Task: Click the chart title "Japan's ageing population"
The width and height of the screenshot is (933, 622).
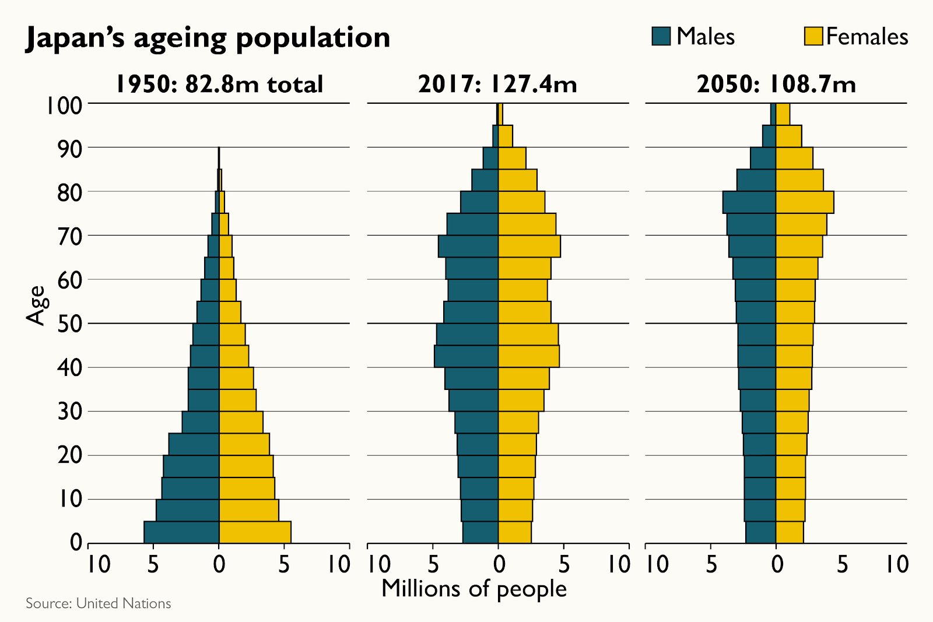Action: [208, 38]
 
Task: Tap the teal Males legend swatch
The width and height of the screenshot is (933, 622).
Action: [661, 36]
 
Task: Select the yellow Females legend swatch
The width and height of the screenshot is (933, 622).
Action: [813, 36]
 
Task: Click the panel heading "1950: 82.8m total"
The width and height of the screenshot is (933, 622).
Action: [219, 85]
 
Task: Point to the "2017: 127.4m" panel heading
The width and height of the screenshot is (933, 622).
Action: [497, 85]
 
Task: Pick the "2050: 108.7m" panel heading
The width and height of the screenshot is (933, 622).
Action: [776, 85]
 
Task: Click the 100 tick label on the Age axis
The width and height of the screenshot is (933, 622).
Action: [64, 106]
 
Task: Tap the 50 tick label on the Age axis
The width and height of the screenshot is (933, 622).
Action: [70, 324]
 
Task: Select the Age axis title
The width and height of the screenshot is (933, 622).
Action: [36, 305]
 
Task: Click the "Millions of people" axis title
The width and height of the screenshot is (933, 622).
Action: [473, 589]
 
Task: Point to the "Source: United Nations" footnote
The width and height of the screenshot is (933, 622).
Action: [98, 603]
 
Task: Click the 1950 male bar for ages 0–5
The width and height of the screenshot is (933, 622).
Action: [181, 532]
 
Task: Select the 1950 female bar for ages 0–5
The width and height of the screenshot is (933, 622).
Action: [255, 532]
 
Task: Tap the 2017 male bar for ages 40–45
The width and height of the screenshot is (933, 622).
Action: [466, 356]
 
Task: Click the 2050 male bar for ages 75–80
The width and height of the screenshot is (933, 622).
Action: [749, 202]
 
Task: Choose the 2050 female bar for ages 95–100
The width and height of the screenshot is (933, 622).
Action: [783, 114]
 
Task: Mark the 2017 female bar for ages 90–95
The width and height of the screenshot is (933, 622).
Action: [505, 136]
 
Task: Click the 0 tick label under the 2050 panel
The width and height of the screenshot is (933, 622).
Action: [777, 564]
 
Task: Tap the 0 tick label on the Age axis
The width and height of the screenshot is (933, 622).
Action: [76, 543]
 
